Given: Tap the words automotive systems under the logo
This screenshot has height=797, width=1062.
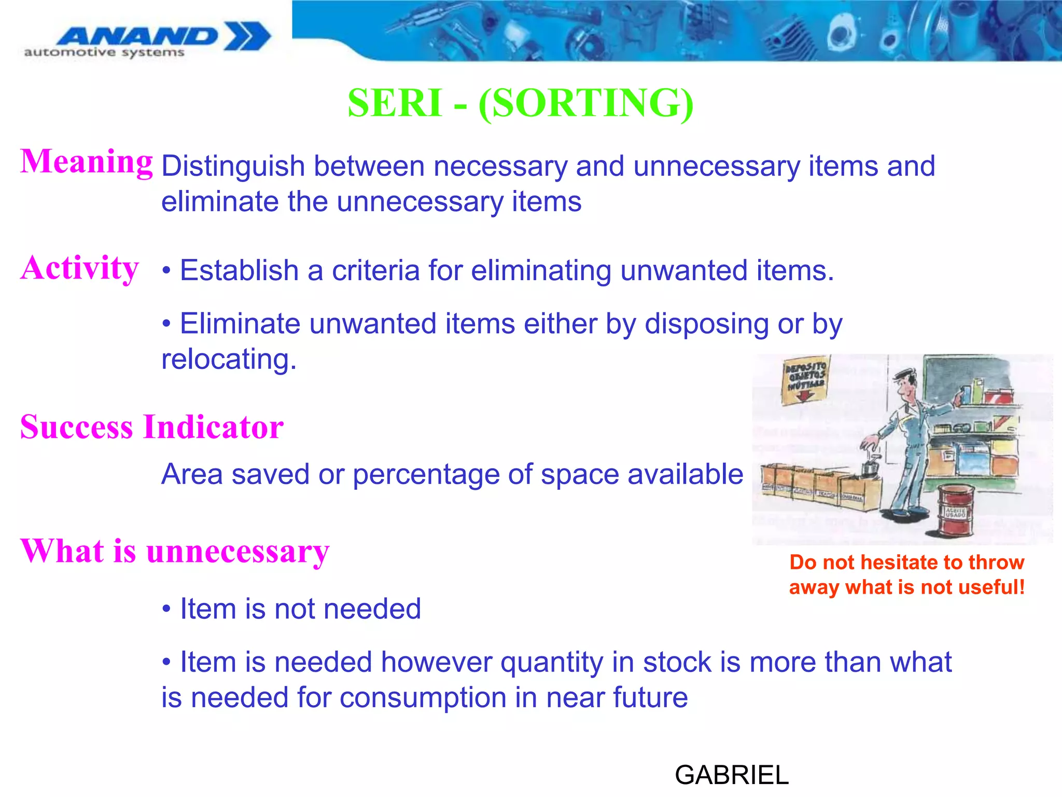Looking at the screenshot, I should (x=104, y=52).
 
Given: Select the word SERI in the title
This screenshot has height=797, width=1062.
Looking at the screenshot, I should (x=394, y=103).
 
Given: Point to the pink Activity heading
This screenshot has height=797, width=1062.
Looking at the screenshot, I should (x=80, y=268).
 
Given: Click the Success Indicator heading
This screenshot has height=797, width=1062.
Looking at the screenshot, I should (x=152, y=427).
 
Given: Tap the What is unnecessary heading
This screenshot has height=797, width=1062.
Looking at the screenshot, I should (x=175, y=551).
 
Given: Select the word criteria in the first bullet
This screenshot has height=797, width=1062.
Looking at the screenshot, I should (x=375, y=270).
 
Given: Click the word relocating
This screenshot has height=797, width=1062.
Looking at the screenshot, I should (x=229, y=359).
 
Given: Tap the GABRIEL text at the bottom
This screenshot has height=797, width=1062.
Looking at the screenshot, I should (x=731, y=775).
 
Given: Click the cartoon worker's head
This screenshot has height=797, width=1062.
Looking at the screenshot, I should (x=905, y=383).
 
